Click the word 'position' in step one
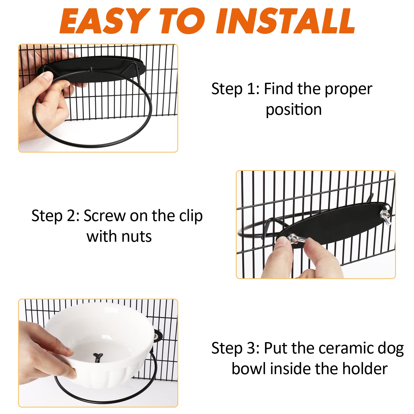[x=294, y=110]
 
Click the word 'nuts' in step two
[x=137, y=236]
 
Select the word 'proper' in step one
[x=348, y=89]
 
